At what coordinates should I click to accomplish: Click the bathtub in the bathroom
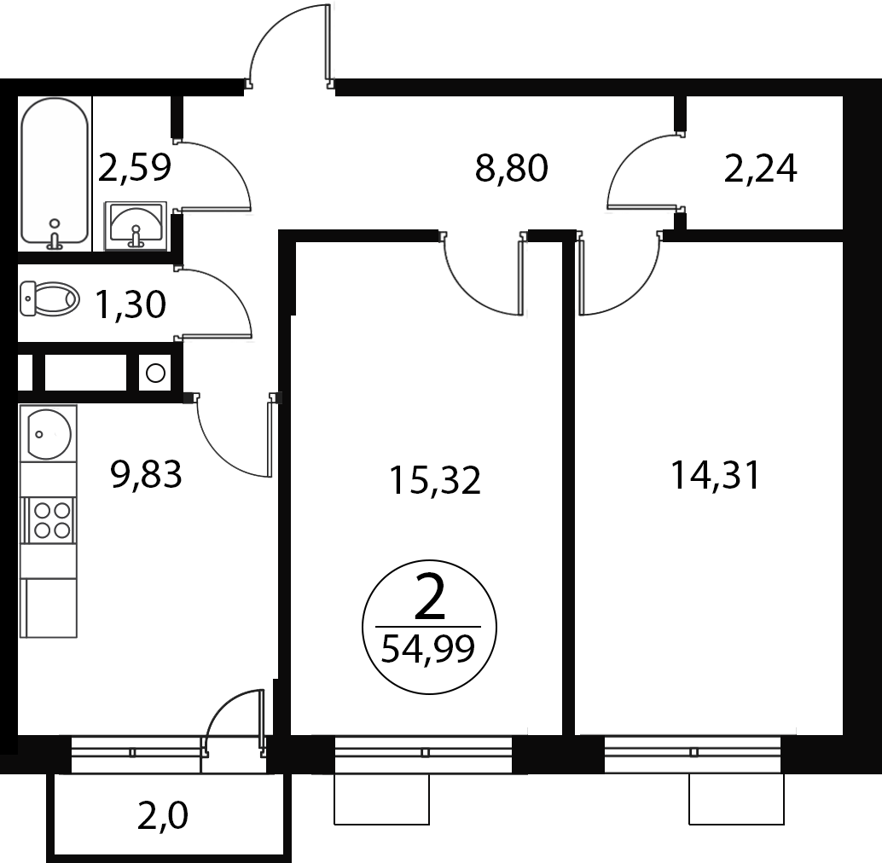pos(55,174)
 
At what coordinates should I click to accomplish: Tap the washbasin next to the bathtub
pos(136,226)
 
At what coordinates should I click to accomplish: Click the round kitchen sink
pos(49,434)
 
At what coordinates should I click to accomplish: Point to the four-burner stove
pos(49,520)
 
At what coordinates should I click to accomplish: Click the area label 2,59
pos(135,167)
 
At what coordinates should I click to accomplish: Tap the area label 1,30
pos(131,304)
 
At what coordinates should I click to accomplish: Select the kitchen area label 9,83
pos(146,474)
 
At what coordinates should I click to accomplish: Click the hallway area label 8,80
pos(511,167)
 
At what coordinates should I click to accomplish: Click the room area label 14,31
pos(715,476)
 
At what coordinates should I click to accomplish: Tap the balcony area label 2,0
pos(163,817)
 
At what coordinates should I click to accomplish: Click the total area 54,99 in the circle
pos(428,649)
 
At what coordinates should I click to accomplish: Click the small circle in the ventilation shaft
pos(155,373)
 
